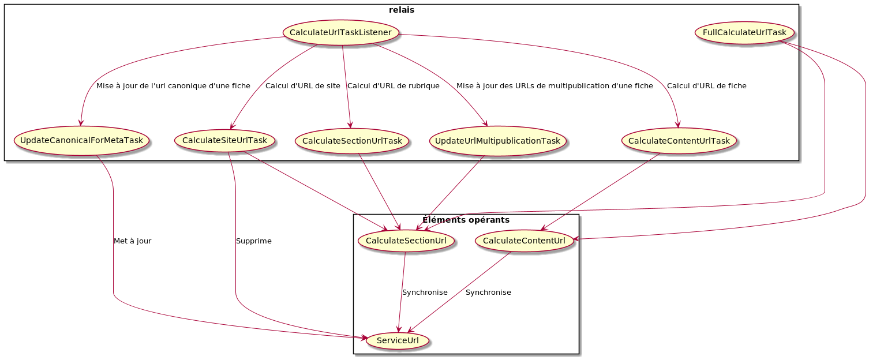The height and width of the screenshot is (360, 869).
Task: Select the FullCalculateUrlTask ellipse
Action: coord(744,32)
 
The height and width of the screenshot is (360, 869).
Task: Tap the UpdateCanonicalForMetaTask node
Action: coord(81,140)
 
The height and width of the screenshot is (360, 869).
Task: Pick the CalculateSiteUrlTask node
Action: coord(224,140)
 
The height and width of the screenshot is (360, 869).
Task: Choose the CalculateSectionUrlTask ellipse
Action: coord(352,141)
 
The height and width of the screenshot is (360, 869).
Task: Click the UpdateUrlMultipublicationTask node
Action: coord(497,141)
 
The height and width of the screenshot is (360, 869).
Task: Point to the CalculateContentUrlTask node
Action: coord(679,141)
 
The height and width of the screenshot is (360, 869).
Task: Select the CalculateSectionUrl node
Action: coord(406,240)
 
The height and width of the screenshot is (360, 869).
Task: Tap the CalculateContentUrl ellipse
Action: coord(524,240)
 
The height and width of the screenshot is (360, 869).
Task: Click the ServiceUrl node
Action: coord(398,341)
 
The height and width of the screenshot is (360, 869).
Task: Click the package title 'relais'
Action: coord(402,10)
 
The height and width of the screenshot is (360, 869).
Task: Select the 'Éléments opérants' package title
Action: coord(466,220)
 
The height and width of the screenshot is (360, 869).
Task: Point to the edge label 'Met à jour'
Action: coord(133,241)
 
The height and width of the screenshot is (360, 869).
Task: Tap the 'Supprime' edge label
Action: coord(253,241)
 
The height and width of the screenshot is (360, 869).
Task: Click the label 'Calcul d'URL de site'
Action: coord(302,86)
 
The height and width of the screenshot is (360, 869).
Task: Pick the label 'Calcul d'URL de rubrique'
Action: coord(394,86)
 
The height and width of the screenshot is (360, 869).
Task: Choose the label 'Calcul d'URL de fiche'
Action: coord(706,86)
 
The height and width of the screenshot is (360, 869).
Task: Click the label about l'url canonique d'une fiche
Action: coord(173,86)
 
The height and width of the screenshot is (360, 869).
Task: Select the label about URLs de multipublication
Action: coord(555,86)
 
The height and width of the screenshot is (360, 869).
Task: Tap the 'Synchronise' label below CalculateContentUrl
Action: coord(488,292)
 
